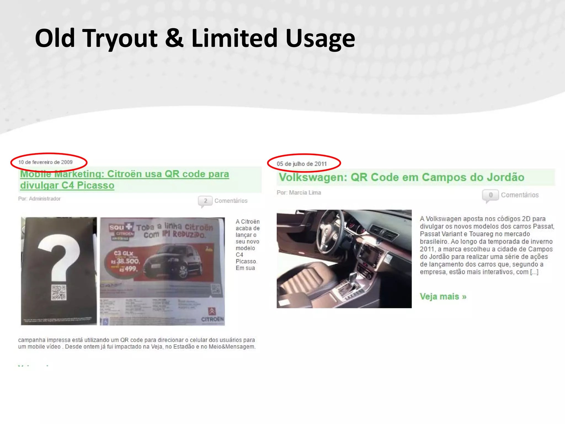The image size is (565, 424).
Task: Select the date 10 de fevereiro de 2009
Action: point(46,162)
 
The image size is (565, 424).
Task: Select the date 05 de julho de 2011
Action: point(302,164)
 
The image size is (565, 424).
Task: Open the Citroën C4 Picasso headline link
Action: point(124,179)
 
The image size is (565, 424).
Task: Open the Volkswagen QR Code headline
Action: point(401,177)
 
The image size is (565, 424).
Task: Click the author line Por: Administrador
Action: point(39,199)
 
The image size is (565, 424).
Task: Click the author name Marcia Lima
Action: point(305,193)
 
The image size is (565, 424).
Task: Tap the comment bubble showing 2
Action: point(205,201)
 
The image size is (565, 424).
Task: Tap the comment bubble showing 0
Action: point(490,195)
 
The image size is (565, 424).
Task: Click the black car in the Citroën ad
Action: point(174,262)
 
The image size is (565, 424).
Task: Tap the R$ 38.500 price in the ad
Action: point(126,261)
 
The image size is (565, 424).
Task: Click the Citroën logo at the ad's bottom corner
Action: point(212,315)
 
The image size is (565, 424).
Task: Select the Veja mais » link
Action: point(443,297)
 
